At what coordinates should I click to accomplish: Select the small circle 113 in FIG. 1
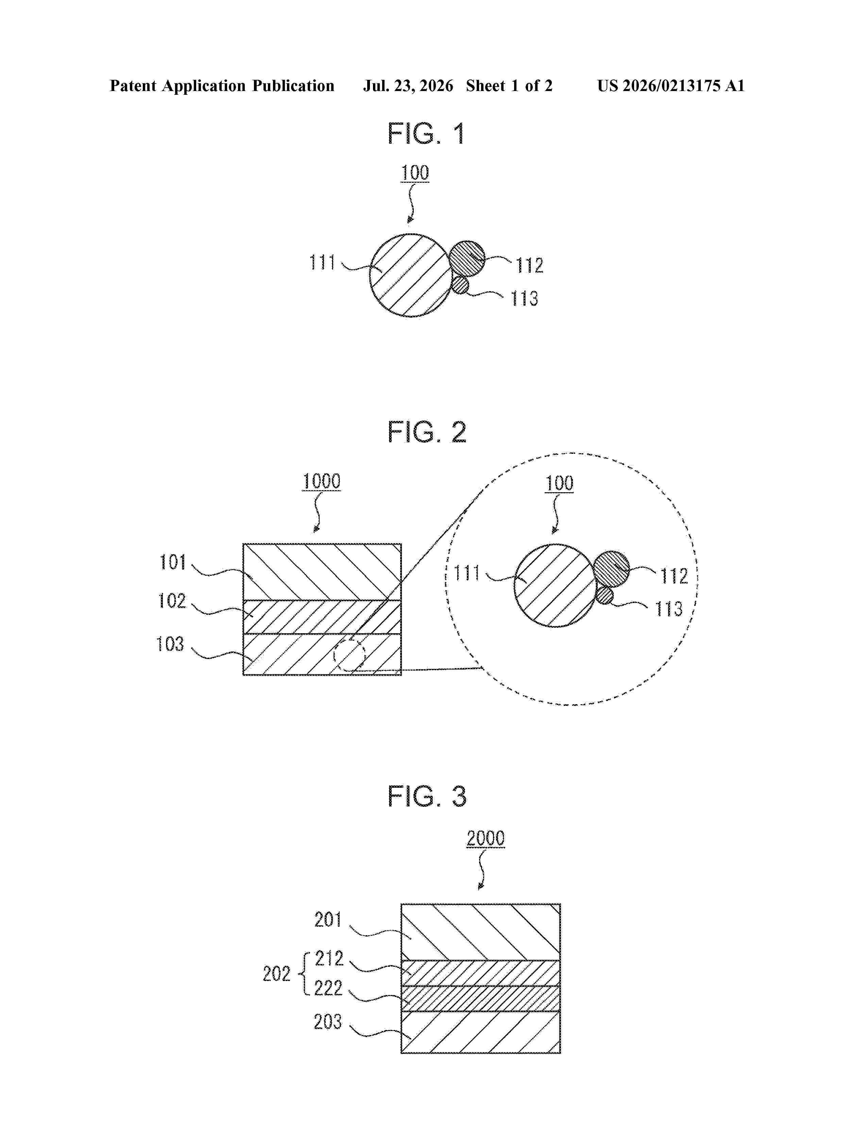460,285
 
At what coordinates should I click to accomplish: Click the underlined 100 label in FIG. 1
414,173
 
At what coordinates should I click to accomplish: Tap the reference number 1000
321,481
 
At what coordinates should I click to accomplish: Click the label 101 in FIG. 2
173,562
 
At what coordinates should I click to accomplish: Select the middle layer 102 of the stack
322,617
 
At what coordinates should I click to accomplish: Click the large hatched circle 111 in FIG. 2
555,585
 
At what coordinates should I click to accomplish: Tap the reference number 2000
486,839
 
